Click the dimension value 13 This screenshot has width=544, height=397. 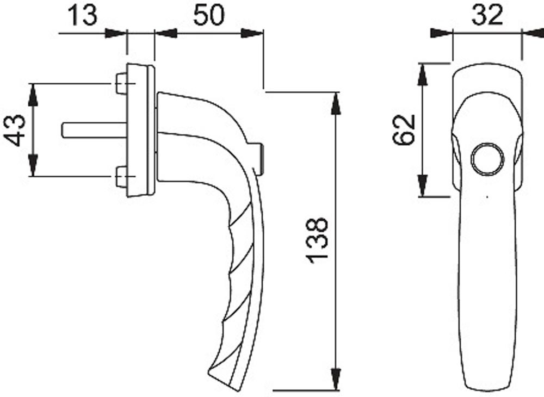click(x=82, y=15)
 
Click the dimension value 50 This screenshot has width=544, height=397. click(x=208, y=15)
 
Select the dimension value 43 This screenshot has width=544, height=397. click(x=15, y=131)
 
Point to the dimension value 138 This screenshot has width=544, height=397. click(x=317, y=240)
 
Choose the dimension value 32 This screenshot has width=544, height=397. click(x=487, y=15)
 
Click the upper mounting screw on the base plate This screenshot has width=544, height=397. click(x=121, y=84)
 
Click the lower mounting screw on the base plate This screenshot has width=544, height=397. click(x=121, y=177)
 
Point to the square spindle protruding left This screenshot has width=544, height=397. click(x=94, y=130)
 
